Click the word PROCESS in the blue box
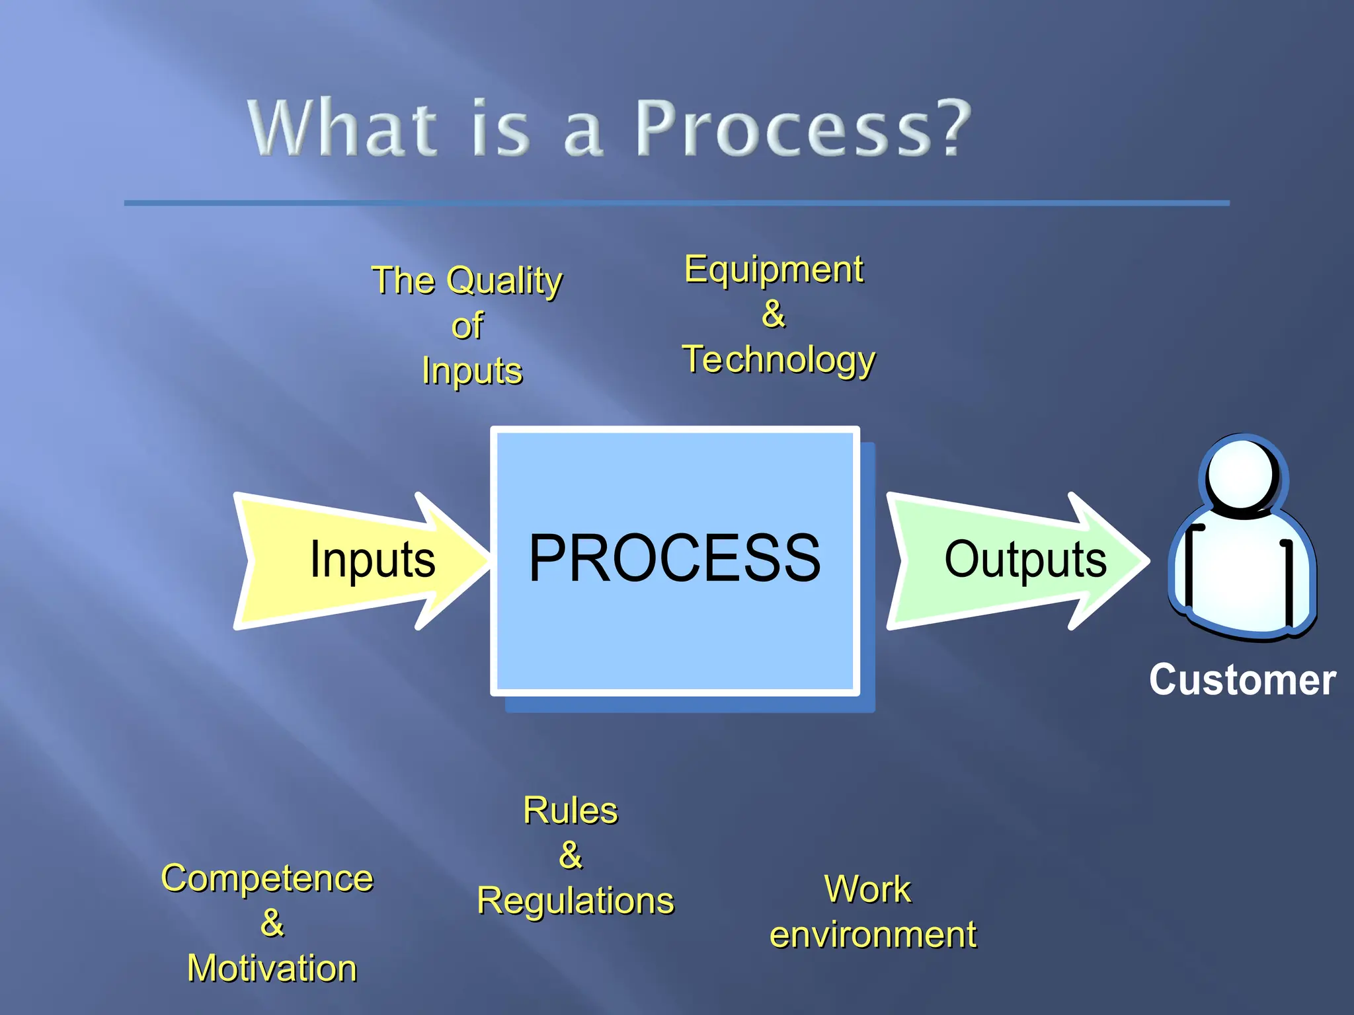pyautogui.click(x=674, y=559)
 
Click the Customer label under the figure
pyautogui.click(x=1242, y=680)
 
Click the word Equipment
pyautogui.click(x=774, y=270)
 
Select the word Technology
pyautogui.click(x=779, y=360)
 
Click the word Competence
pyautogui.click(x=267, y=879)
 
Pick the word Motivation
pyautogui.click(x=272, y=969)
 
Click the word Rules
pyautogui.click(x=570, y=811)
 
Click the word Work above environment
pyautogui.click(x=867, y=889)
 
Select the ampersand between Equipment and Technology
pyautogui.click(x=773, y=315)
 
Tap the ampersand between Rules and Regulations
pyautogui.click(x=570, y=856)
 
